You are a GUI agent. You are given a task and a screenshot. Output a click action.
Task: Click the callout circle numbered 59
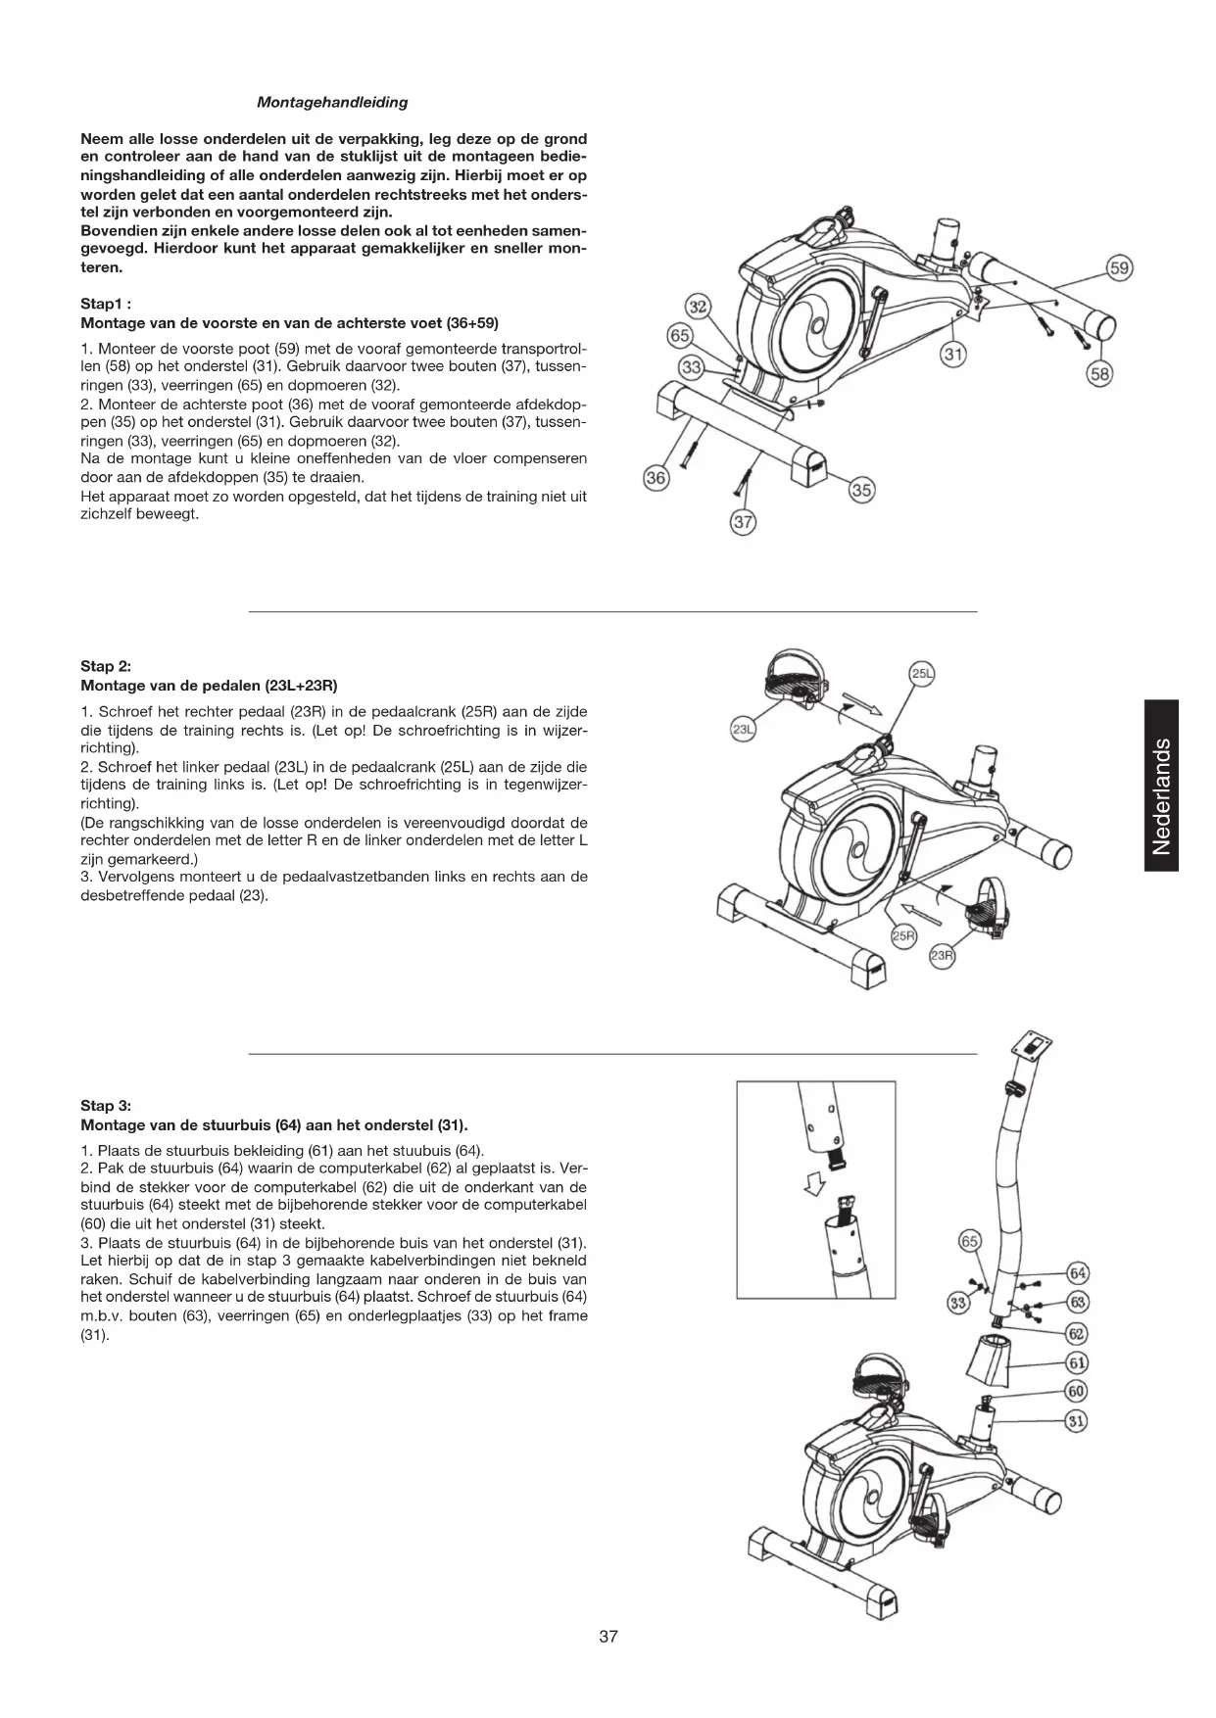click(x=1119, y=267)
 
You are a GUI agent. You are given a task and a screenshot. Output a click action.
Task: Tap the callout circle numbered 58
click(x=1101, y=373)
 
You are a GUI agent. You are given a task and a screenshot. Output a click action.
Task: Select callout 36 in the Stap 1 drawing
click(x=656, y=478)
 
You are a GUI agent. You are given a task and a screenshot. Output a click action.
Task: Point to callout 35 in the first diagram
click(x=861, y=491)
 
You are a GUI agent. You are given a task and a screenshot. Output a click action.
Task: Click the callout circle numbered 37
click(x=744, y=521)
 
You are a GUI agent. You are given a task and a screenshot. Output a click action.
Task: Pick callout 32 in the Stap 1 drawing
click(x=698, y=307)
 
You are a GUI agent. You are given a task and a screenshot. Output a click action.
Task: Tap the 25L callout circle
click(x=922, y=674)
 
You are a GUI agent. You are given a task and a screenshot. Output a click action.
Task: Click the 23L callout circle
click(x=743, y=730)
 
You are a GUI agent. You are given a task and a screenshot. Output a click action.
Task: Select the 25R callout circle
click(x=902, y=936)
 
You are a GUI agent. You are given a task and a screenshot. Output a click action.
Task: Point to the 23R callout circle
click(x=942, y=957)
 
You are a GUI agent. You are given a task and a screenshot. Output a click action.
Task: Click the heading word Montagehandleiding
click(x=332, y=102)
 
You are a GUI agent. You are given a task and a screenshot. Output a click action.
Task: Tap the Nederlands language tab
click(x=1161, y=785)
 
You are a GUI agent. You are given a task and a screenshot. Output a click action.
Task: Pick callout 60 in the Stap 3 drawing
click(x=1077, y=1391)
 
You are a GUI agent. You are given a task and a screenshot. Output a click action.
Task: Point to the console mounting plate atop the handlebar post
click(x=1035, y=1049)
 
